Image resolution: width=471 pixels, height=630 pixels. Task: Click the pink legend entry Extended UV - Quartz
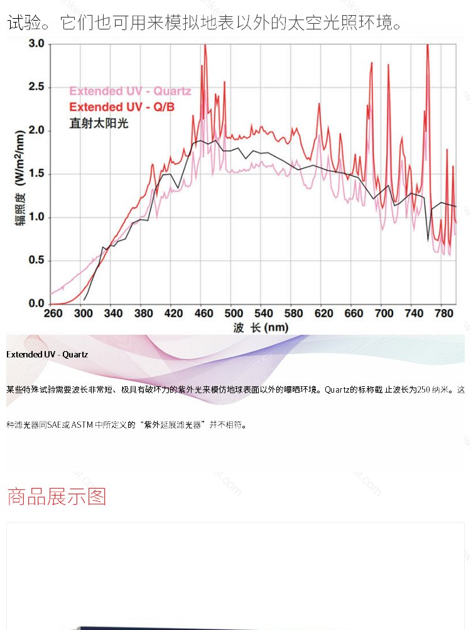point(130,91)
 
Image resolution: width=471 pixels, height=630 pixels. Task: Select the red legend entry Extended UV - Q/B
point(122,107)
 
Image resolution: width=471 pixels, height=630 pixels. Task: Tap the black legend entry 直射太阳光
point(99,123)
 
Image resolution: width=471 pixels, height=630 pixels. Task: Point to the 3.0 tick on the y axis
point(36,44)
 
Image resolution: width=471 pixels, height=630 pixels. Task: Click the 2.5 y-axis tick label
point(36,87)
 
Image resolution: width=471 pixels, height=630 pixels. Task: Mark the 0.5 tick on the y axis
point(36,260)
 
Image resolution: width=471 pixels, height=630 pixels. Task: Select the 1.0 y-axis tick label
point(36,217)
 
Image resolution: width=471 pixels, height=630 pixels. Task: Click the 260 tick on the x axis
point(53,313)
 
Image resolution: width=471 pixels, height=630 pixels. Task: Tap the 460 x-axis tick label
point(203,313)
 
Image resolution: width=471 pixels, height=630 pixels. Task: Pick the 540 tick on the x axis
point(264,313)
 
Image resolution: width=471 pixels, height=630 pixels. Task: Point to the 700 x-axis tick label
point(384,313)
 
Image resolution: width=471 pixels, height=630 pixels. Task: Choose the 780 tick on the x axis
point(443,313)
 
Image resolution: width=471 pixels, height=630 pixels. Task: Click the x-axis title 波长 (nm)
point(261,327)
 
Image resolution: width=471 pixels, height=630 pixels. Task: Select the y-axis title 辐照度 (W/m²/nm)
point(20,178)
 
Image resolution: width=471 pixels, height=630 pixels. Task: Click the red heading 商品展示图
point(57,497)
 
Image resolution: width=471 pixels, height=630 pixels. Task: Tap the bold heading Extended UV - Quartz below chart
point(47,354)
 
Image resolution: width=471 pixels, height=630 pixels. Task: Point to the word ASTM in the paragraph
point(82,425)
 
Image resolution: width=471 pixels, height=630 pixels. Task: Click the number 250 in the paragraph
point(423,389)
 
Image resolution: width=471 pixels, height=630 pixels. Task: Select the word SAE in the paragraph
point(54,425)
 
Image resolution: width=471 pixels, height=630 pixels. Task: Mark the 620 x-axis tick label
point(324,313)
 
